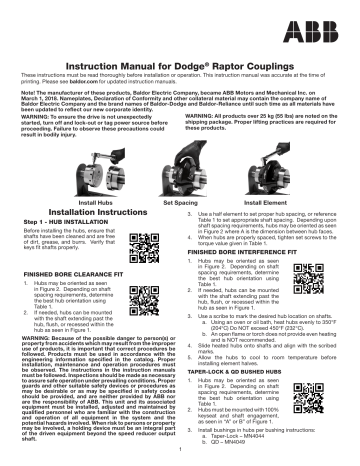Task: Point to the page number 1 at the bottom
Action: tap(179, 460)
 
